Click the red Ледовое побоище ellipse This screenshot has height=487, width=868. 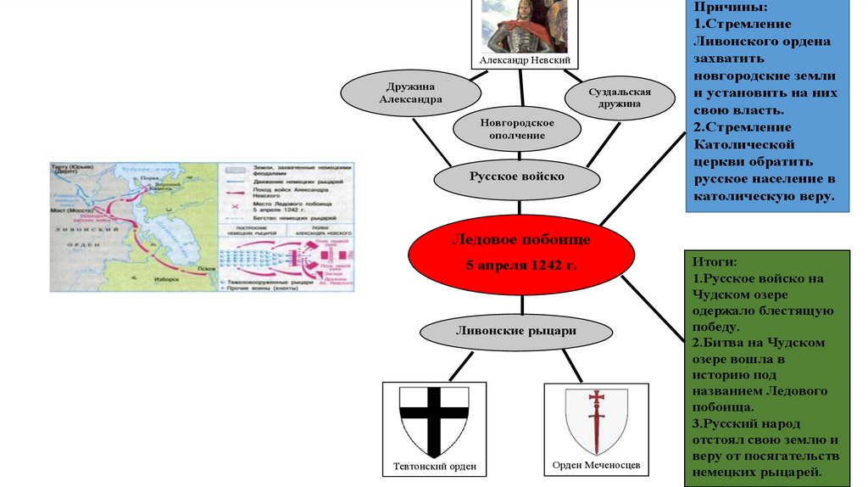pyautogui.click(x=520, y=253)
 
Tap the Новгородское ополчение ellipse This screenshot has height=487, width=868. pyautogui.click(x=516, y=129)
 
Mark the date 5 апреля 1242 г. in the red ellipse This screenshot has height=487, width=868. pyautogui.click(x=520, y=266)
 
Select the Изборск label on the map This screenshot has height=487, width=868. pyautogui.click(x=167, y=277)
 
